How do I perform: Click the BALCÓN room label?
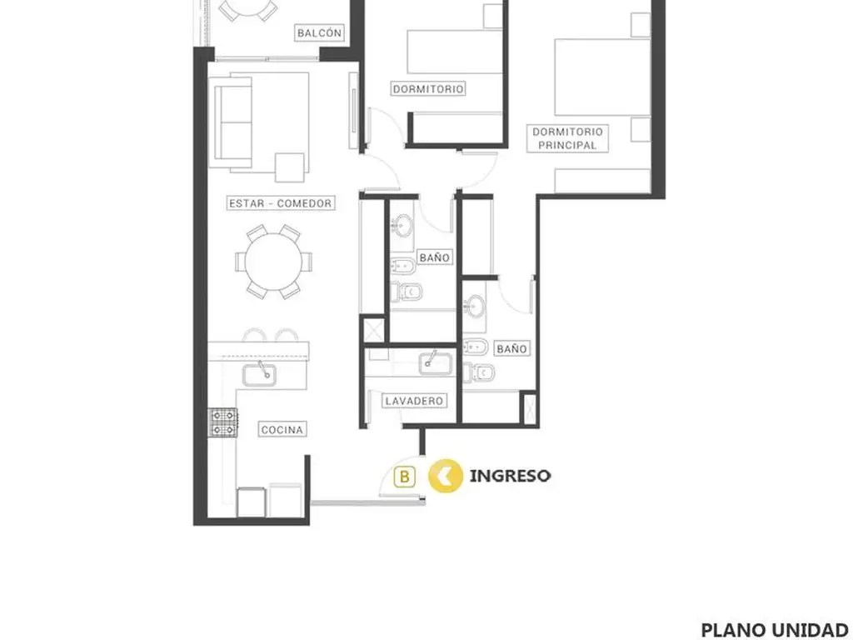point(319,32)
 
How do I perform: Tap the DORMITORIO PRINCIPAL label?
point(567,138)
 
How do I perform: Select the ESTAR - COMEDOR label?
point(280,203)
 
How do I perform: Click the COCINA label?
point(282,429)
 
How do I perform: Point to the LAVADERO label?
point(414,401)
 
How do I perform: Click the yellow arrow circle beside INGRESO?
point(446,476)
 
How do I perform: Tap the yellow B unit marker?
point(404,477)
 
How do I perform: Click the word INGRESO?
point(510,476)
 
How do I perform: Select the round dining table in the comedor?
point(273,262)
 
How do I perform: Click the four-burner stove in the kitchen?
point(223,422)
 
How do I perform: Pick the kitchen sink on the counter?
point(259,374)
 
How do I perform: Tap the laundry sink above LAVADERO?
point(436,363)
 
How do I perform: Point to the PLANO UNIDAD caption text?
point(775,630)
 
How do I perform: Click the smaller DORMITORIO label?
point(428,88)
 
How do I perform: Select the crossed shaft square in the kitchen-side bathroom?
point(374,330)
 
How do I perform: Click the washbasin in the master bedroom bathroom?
point(476,307)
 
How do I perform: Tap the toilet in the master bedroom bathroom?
point(479,372)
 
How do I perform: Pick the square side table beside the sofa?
point(289,167)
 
